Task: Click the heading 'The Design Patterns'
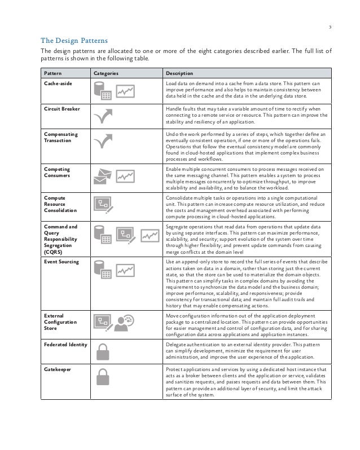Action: tap(72, 41)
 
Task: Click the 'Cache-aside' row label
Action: tap(59, 83)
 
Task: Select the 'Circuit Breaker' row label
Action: tap(62, 108)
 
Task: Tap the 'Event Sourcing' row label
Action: tap(62, 262)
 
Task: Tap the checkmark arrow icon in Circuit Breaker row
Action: tap(103, 117)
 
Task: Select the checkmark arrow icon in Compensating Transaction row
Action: tap(103, 143)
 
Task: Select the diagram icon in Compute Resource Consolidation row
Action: tap(104, 205)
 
